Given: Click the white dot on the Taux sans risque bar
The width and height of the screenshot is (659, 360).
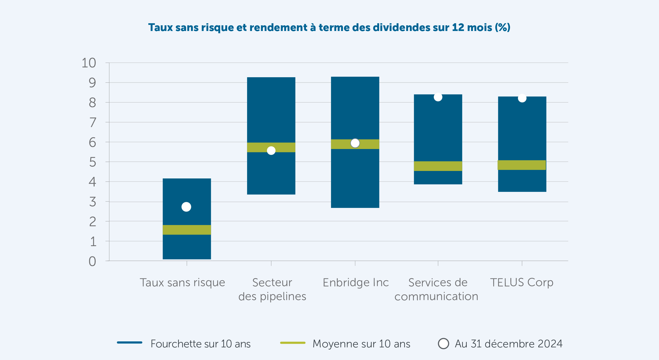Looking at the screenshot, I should coord(186,207).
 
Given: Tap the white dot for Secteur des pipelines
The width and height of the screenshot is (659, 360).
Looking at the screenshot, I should coord(271,150).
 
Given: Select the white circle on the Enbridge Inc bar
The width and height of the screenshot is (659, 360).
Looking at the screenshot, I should coord(355,143).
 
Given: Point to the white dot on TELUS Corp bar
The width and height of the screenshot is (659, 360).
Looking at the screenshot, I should coord(522,98).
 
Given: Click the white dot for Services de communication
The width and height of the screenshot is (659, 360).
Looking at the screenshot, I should coord(438,97).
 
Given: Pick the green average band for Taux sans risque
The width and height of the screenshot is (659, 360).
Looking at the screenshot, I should coord(187,230).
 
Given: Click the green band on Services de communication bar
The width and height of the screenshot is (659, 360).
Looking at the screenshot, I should coord(438,166).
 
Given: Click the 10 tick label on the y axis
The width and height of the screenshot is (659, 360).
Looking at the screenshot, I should coord(89,63).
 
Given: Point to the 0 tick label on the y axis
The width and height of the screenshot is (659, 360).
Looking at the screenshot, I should coord(92,261).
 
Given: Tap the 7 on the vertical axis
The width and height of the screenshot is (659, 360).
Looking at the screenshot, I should coord(93,123).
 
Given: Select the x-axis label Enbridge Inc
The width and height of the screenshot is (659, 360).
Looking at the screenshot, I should coord(356,282).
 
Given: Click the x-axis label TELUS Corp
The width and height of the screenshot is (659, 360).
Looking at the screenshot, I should coord(522,282).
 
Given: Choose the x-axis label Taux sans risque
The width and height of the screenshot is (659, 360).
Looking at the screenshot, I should coord(182,282).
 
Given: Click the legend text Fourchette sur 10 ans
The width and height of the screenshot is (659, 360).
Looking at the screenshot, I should coord(201,344).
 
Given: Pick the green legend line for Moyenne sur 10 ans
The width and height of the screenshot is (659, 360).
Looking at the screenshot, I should coord(293,343).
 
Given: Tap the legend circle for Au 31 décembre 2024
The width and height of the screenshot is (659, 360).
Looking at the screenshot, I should coord(443,343).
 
